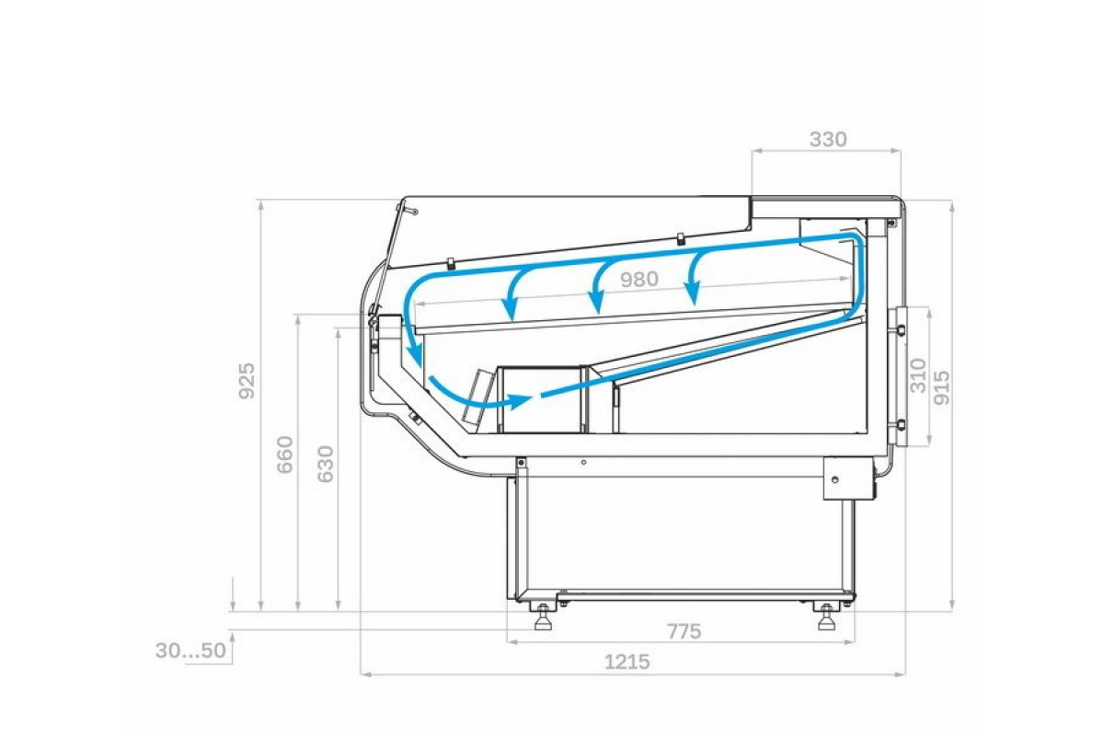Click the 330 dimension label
pos(828,140)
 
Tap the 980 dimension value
pos(639,280)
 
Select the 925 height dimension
pos(247,381)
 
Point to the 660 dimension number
pos(285,454)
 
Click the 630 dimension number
pos(326,464)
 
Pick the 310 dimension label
pos(917,375)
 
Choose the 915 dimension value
pos(941,388)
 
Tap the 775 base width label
pos(684,631)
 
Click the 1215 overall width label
pos(627,662)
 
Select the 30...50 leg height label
pos(190,650)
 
